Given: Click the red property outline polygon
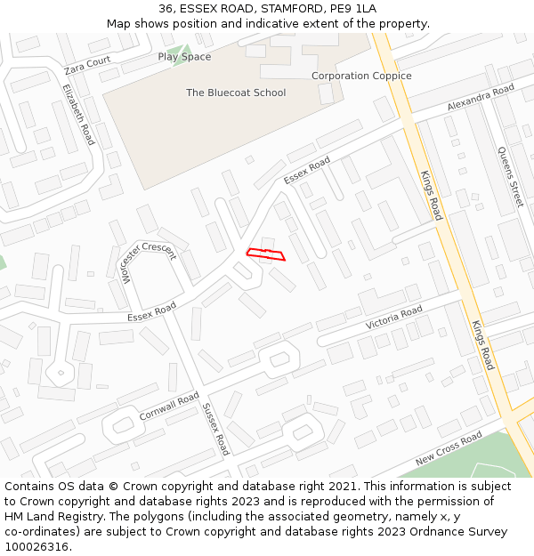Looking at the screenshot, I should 265,254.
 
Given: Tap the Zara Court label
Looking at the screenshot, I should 87,65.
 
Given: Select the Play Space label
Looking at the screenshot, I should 184,57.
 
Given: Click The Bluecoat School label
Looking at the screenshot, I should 236,93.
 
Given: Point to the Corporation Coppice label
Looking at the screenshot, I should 361,76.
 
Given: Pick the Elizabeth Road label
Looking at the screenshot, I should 78,115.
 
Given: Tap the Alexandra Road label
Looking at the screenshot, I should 481,99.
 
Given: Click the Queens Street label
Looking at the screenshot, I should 509,176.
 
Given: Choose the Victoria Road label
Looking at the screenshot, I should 393,318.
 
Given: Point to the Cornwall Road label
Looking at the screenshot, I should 169,407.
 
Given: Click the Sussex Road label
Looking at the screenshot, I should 215,429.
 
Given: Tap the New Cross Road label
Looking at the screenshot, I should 449,447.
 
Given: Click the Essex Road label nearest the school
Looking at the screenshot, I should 307,171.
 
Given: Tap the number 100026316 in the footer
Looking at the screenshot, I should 37,546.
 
